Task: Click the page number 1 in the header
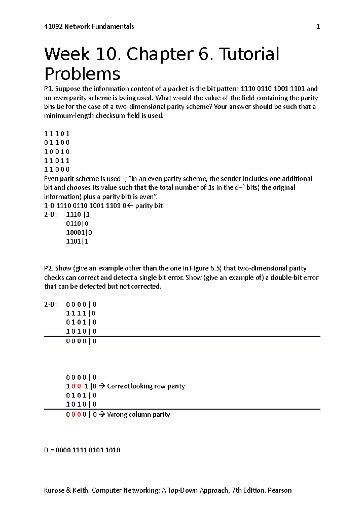point(318,26)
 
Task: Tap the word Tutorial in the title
point(249,54)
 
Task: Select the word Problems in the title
point(82,74)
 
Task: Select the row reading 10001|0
point(79,233)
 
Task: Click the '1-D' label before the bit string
point(49,206)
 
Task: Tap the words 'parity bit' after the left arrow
point(149,206)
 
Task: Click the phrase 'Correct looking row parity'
point(146,386)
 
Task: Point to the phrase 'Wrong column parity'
point(138,415)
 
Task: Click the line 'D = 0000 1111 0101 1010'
point(82,450)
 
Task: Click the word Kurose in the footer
point(54,490)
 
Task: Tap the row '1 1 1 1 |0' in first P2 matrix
point(80,313)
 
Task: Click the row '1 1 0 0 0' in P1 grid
point(57,170)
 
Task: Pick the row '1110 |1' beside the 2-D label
point(78,215)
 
